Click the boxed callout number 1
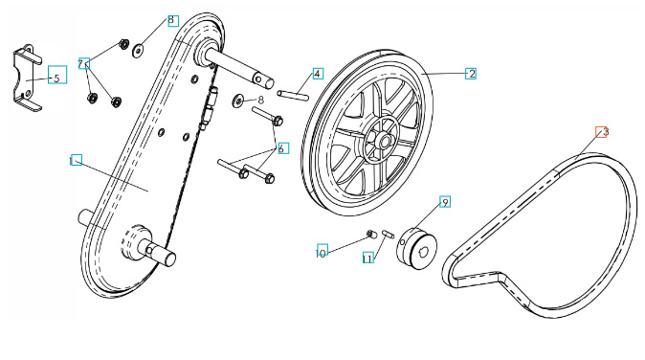76,160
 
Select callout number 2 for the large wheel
471,73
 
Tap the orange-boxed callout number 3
603,132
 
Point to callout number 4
317,74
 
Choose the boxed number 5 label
56,78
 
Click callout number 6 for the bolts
282,148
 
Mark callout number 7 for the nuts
84,63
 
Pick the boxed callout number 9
445,202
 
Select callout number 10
322,251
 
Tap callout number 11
367,259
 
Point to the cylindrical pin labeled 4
293,94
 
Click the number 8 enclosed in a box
171,20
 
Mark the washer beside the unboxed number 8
236,101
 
